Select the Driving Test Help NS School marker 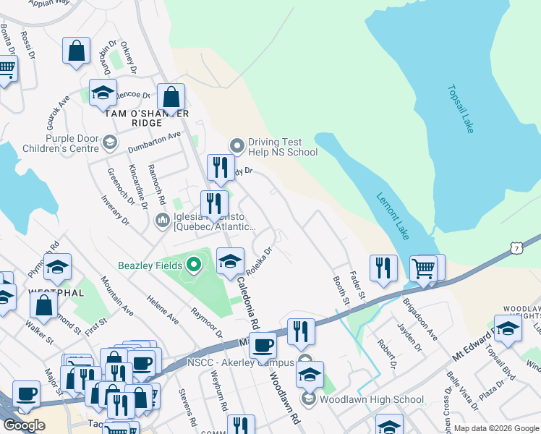click(236, 146)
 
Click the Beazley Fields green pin click(193, 264)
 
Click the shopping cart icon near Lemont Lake click(423, 268)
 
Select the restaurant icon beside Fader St click(383, 268)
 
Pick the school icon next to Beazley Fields click(230, 261)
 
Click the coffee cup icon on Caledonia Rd click(263, 346)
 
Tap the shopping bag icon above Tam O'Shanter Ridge click(171, 97)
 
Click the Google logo click(24, 425)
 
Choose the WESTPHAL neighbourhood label click(53, 293)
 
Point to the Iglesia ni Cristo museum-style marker click(163, 219)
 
